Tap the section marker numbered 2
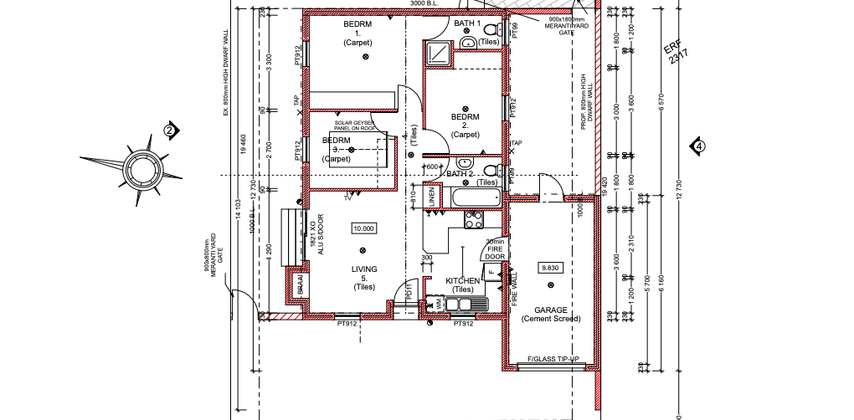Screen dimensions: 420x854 tap(170, 131)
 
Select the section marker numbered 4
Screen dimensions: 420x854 tap(697, 147)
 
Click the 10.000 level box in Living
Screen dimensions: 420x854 tap(364, 228)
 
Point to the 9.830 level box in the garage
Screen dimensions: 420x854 tap(550, 268)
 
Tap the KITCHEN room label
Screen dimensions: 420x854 tap(462, 281)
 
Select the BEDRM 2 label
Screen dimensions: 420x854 tap(465, 125)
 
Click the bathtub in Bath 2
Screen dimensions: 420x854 tap(476, 199)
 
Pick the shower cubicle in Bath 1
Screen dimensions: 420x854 tap(437, 54)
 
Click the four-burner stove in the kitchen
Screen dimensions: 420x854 tap(474, 220)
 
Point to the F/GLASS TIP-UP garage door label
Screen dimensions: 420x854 tap(553, 361)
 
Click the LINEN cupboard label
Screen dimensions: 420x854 tap(432, 197)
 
